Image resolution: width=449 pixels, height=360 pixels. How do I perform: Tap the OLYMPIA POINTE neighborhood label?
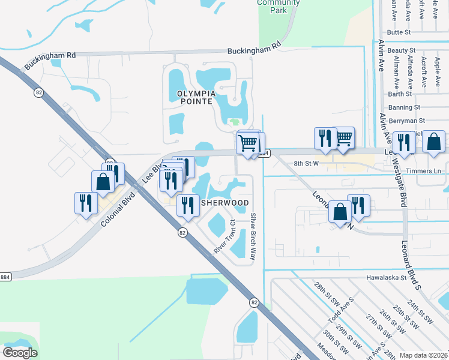(x=195, y=97)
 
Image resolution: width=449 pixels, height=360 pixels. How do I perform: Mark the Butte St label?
(x=399, y=32)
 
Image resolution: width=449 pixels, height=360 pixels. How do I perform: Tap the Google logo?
(x=20, y=353)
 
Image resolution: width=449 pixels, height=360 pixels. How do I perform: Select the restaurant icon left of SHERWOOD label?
(x=188, y=205)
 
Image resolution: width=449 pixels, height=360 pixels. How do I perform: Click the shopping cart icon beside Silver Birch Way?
(x=247, y=143)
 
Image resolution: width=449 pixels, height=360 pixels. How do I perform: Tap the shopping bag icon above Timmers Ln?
(x=433, y=142)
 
